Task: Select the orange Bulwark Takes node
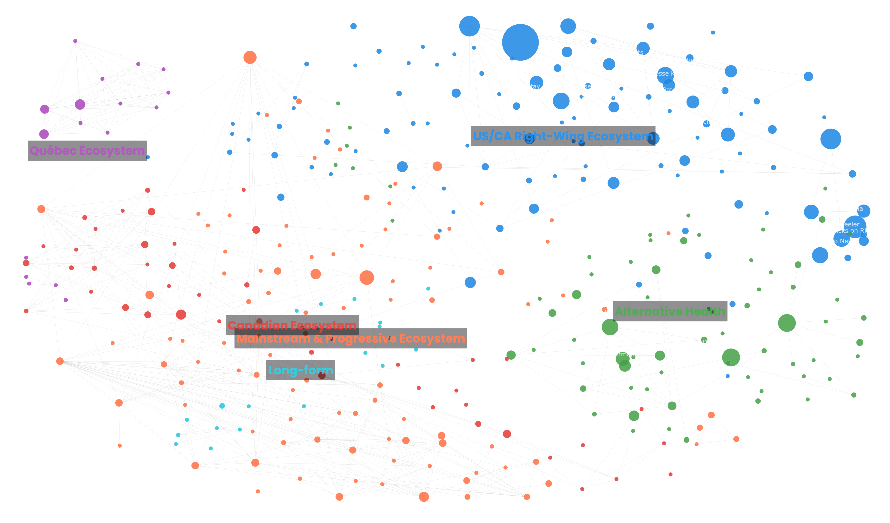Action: pos(250,57)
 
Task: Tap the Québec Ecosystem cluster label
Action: pos(87,151)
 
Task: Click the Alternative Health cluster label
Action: pos(670,311)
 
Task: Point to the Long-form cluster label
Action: pos(301,370)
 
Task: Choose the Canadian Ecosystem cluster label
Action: pos(292,325)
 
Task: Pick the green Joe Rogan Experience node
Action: pos(787,323)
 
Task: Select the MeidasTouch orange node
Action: pos(367,278)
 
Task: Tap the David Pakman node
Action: pos(315,274)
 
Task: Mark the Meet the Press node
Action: pos(424,497)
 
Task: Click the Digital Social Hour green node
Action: pos(731,357)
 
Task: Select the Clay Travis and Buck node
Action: pos(469,26)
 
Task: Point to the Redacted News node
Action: pos(568,26)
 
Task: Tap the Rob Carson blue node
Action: pos(613,183)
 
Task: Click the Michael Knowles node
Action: pos(534,209)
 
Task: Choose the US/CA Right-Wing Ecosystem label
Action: pos(563,136)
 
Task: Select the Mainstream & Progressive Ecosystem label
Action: pos(351,338)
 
